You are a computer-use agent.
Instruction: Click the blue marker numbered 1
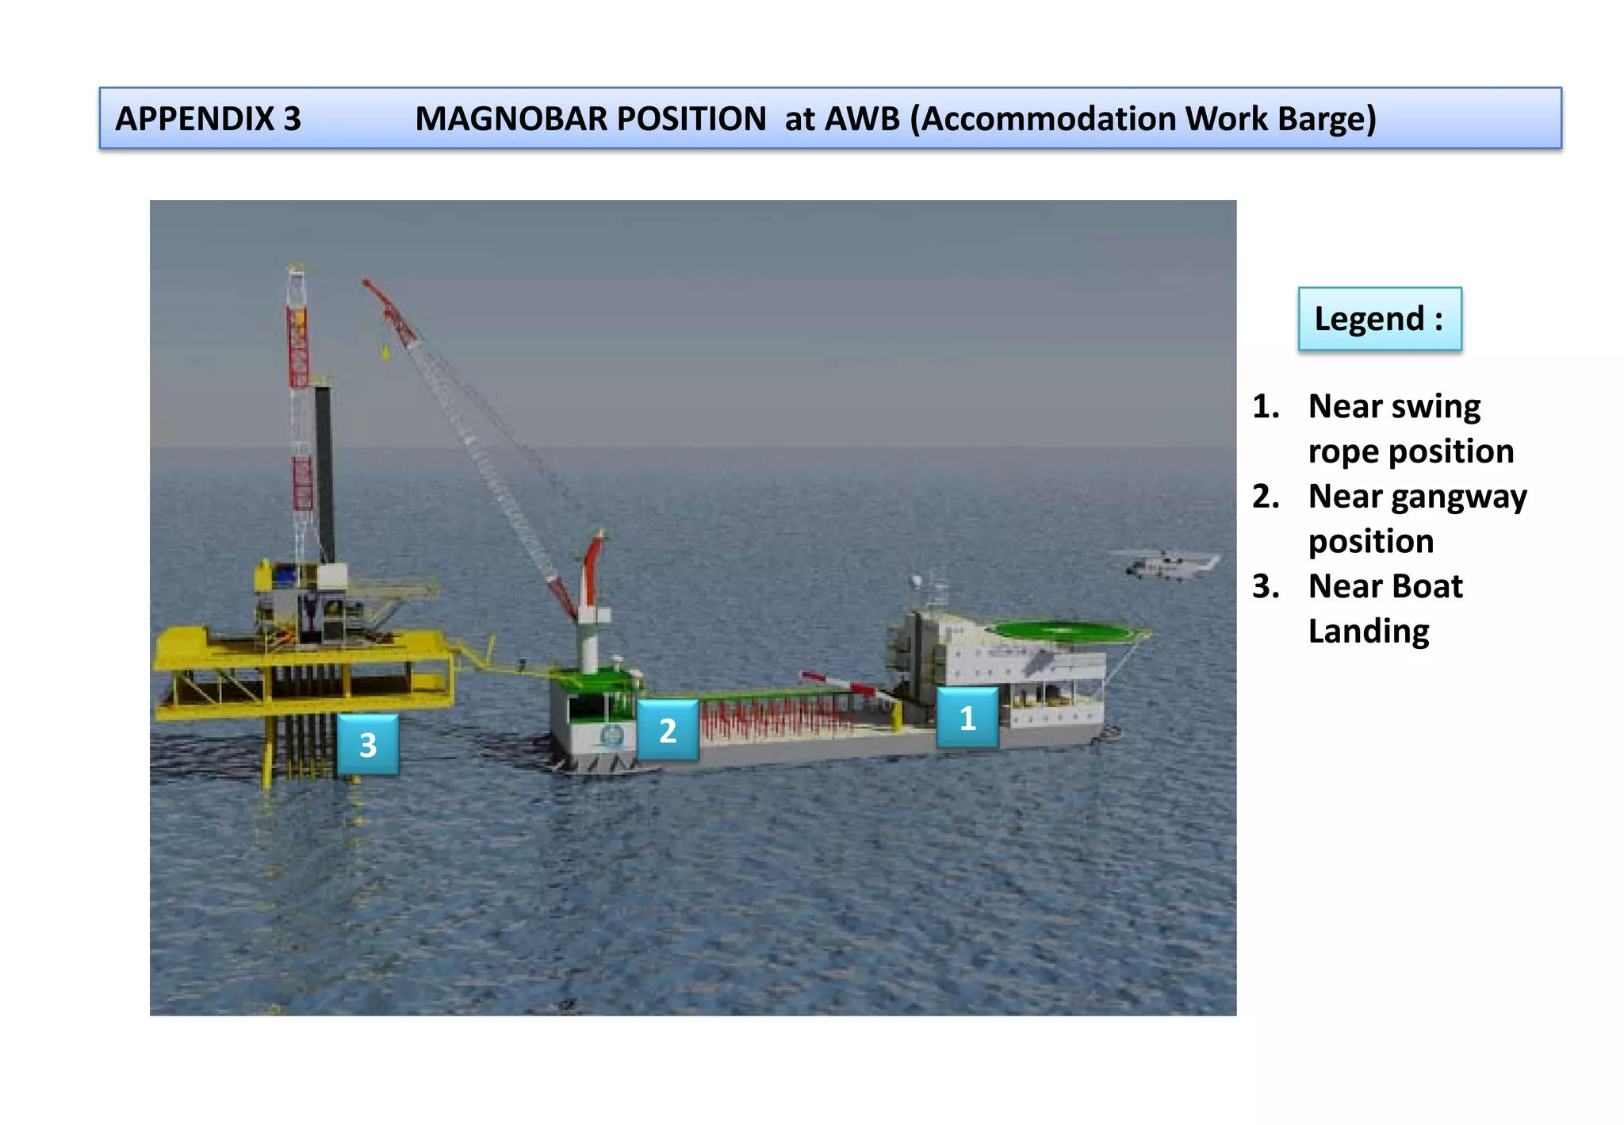tap(967, 718)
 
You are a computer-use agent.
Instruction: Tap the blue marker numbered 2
tap(668, 730)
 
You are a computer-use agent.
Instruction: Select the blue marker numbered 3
tap(368, 744)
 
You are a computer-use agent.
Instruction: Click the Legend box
tap(1380, 319)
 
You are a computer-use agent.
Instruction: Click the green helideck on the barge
tap(1063, 632)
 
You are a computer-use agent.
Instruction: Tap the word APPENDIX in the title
tap(195, 119)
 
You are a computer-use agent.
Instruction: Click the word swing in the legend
tap(1435, 407)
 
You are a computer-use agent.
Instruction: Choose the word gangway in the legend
tap(1459, 497)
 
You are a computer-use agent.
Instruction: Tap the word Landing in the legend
tap(1369, 632)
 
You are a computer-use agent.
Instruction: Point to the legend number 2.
tap(1266, 497)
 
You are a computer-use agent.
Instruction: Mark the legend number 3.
tap(1266, 586)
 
